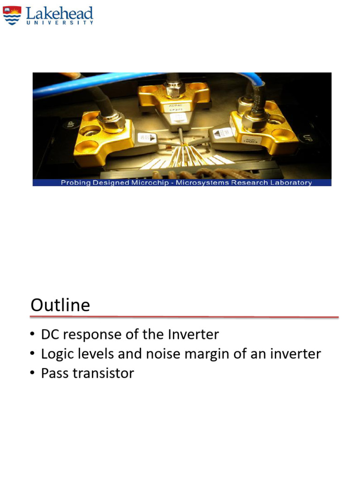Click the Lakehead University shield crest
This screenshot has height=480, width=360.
point(13,15)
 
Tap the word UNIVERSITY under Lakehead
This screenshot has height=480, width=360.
point(60,22)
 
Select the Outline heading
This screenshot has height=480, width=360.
point(60,305)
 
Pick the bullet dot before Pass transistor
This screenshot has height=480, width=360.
point(32,373)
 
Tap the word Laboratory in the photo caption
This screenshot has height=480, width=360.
point(291,182)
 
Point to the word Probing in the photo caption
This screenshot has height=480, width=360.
point(76,182)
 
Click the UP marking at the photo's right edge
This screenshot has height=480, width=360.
point(307,137)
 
